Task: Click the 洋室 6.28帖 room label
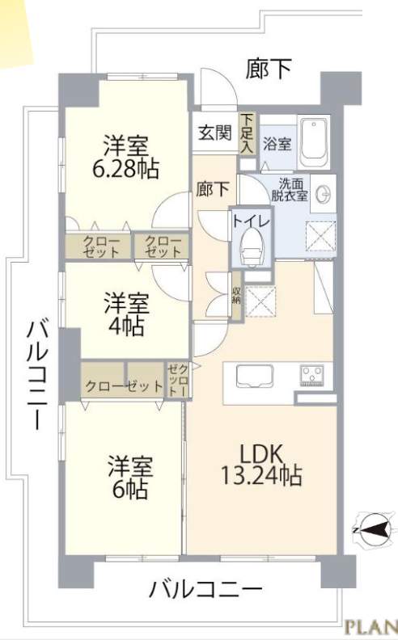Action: (x=126, y=157)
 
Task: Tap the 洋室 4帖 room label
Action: (x=126, y=314)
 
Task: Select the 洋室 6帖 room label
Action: (x=130, y=478)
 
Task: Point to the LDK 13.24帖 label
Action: (x=261, y=465)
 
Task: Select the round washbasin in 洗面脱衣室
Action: (x=324, y=193)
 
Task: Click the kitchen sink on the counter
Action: (x=254, y=376)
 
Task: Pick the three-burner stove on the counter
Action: (x=312, y=376)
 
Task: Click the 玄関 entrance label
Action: (x=215, y=133)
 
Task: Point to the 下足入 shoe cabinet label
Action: (x=247, y=133)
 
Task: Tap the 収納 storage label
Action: (x=236, y=296)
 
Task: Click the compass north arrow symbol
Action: (x=375, y=530)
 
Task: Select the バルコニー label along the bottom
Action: (x=206, y=590)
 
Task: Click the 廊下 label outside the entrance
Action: (x=269, y=68)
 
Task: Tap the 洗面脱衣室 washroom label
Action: (x=290, y=189)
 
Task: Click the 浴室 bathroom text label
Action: (x=277, y=144)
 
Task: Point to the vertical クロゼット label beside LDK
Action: (x=178, y=380)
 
